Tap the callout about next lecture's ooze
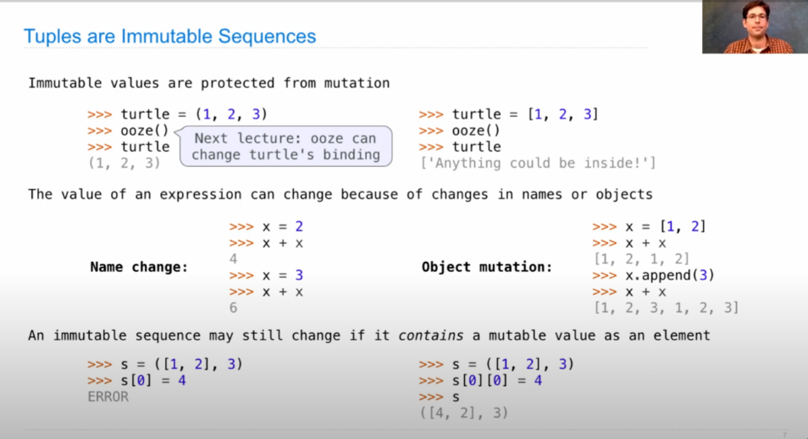point(286,147)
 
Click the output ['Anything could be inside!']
point(538,163)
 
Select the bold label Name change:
point(139,267)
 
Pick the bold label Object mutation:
point(486,267)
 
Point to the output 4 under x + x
point(234,259)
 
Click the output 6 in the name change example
point(234,308)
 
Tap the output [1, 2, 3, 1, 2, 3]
point(667,308)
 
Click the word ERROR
point(108,397)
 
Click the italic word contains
point(431,336)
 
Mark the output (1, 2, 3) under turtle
point(125,163)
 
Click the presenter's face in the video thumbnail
point(756,19)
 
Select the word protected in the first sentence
point(237,83)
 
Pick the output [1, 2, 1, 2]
point(641,259)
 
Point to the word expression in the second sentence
point(201,194)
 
